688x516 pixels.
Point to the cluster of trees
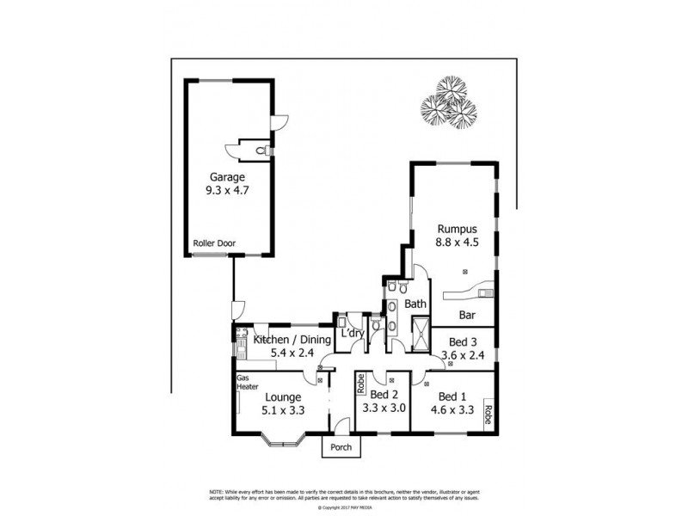[x=448, y=104]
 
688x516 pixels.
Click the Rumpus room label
[x=456, y=230]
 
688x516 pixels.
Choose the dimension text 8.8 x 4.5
[x=456, y=243]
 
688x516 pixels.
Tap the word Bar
[x=469, y=315]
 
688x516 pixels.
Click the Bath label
[x=415, y=304]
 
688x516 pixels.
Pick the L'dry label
[x=351, y=334]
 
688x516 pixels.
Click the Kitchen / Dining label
[x=292, y=341]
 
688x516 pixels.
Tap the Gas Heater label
[x=245, y=383]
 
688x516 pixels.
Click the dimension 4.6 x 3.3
[x=454, y=410]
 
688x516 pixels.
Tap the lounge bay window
[x=281, y=442]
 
